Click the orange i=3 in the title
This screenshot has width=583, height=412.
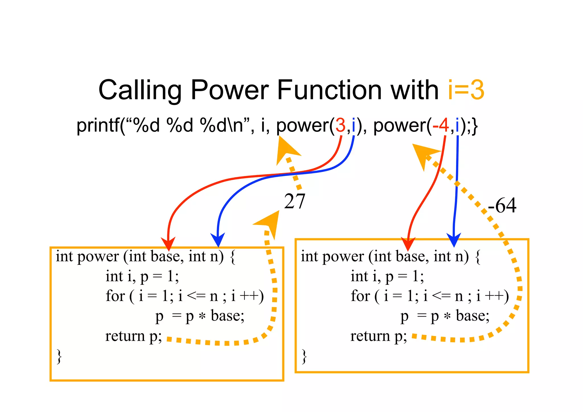pos(466,90)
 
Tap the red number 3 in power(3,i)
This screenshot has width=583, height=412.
pos(340,125)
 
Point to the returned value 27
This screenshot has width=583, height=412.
pos(295,202)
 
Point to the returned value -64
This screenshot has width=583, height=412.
pos(502,205)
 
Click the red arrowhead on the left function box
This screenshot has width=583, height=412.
pos(168,243)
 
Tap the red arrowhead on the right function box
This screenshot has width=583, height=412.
pos(408,244)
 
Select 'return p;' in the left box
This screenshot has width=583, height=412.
pos(133,336)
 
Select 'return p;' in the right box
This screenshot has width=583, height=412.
pos(378,336)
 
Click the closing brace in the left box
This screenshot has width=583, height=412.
pos(59,356)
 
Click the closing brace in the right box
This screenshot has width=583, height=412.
pos(304,356)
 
